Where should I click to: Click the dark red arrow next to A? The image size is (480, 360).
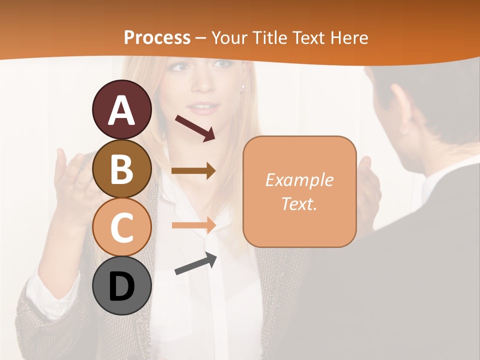coord(195,128)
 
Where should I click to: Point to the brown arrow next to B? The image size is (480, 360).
coord(193,171)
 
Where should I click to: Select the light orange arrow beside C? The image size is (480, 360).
coord(193,225)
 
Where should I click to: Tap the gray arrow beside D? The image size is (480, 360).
coord(195,264)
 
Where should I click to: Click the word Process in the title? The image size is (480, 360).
coord(157,37)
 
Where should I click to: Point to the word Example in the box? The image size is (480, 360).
coord(299,180)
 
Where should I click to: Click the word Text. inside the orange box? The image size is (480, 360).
coord(299,203)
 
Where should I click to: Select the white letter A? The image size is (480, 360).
coord(122,110)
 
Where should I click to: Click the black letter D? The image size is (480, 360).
coord(122,286)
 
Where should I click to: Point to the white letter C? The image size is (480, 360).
coord(122,228)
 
